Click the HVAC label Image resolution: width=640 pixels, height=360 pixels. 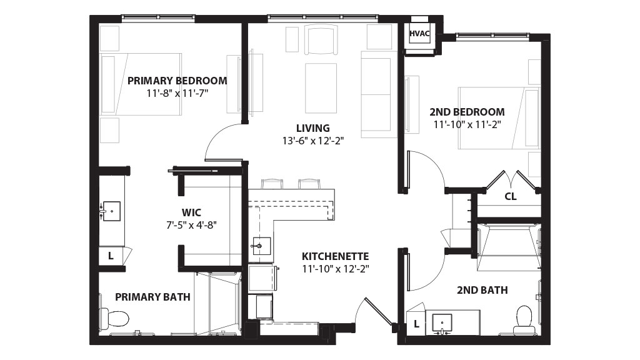(x=419, y=34)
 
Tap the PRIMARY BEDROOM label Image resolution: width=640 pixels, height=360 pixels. (x=177, y=81)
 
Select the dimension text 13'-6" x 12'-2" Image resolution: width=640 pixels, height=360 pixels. (x=313, y=141)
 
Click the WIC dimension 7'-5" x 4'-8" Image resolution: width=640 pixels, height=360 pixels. (x=191, y=224)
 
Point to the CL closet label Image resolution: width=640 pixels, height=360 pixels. (x=510, y=197)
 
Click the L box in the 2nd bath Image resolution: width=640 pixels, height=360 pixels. (x=416, y=324)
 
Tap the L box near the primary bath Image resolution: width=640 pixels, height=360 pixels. (x=110, y=256)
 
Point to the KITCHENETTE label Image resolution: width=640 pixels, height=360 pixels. (x=335, y=256)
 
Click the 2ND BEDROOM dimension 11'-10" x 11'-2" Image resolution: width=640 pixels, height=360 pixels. (x=467, y=124)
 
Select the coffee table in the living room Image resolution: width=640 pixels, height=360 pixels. (x=321, y=87)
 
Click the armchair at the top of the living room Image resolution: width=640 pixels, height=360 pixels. (x=321, y=40)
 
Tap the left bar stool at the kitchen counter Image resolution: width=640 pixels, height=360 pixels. (x=271, y=184)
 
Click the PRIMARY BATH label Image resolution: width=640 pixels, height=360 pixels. (x=152, y=297)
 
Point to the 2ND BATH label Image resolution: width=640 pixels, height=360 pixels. (x=482, y=290)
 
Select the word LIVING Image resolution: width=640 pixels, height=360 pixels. (x=313, y=128)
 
